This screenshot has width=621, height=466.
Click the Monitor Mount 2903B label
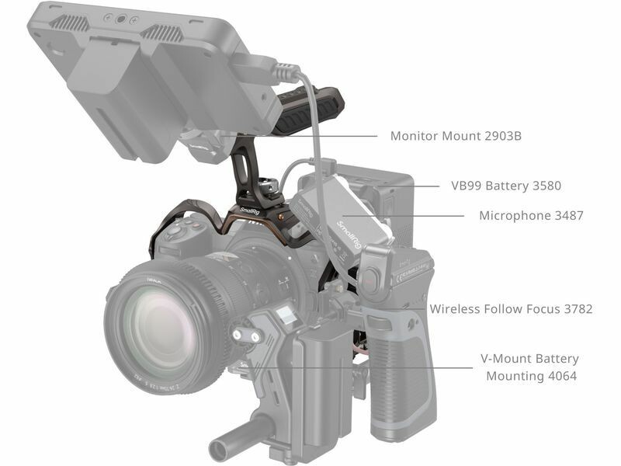point(456,136)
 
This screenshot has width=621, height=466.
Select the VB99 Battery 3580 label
point(506,186)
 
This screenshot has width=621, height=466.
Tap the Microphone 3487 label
point(531,216)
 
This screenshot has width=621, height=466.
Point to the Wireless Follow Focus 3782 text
point(511,308)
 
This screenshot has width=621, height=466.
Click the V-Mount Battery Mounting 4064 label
point(531,367)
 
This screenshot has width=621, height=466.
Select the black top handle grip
point(309,106)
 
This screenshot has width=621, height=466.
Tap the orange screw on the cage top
point(280,217)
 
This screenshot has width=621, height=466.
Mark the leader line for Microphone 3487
point(403,216)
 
